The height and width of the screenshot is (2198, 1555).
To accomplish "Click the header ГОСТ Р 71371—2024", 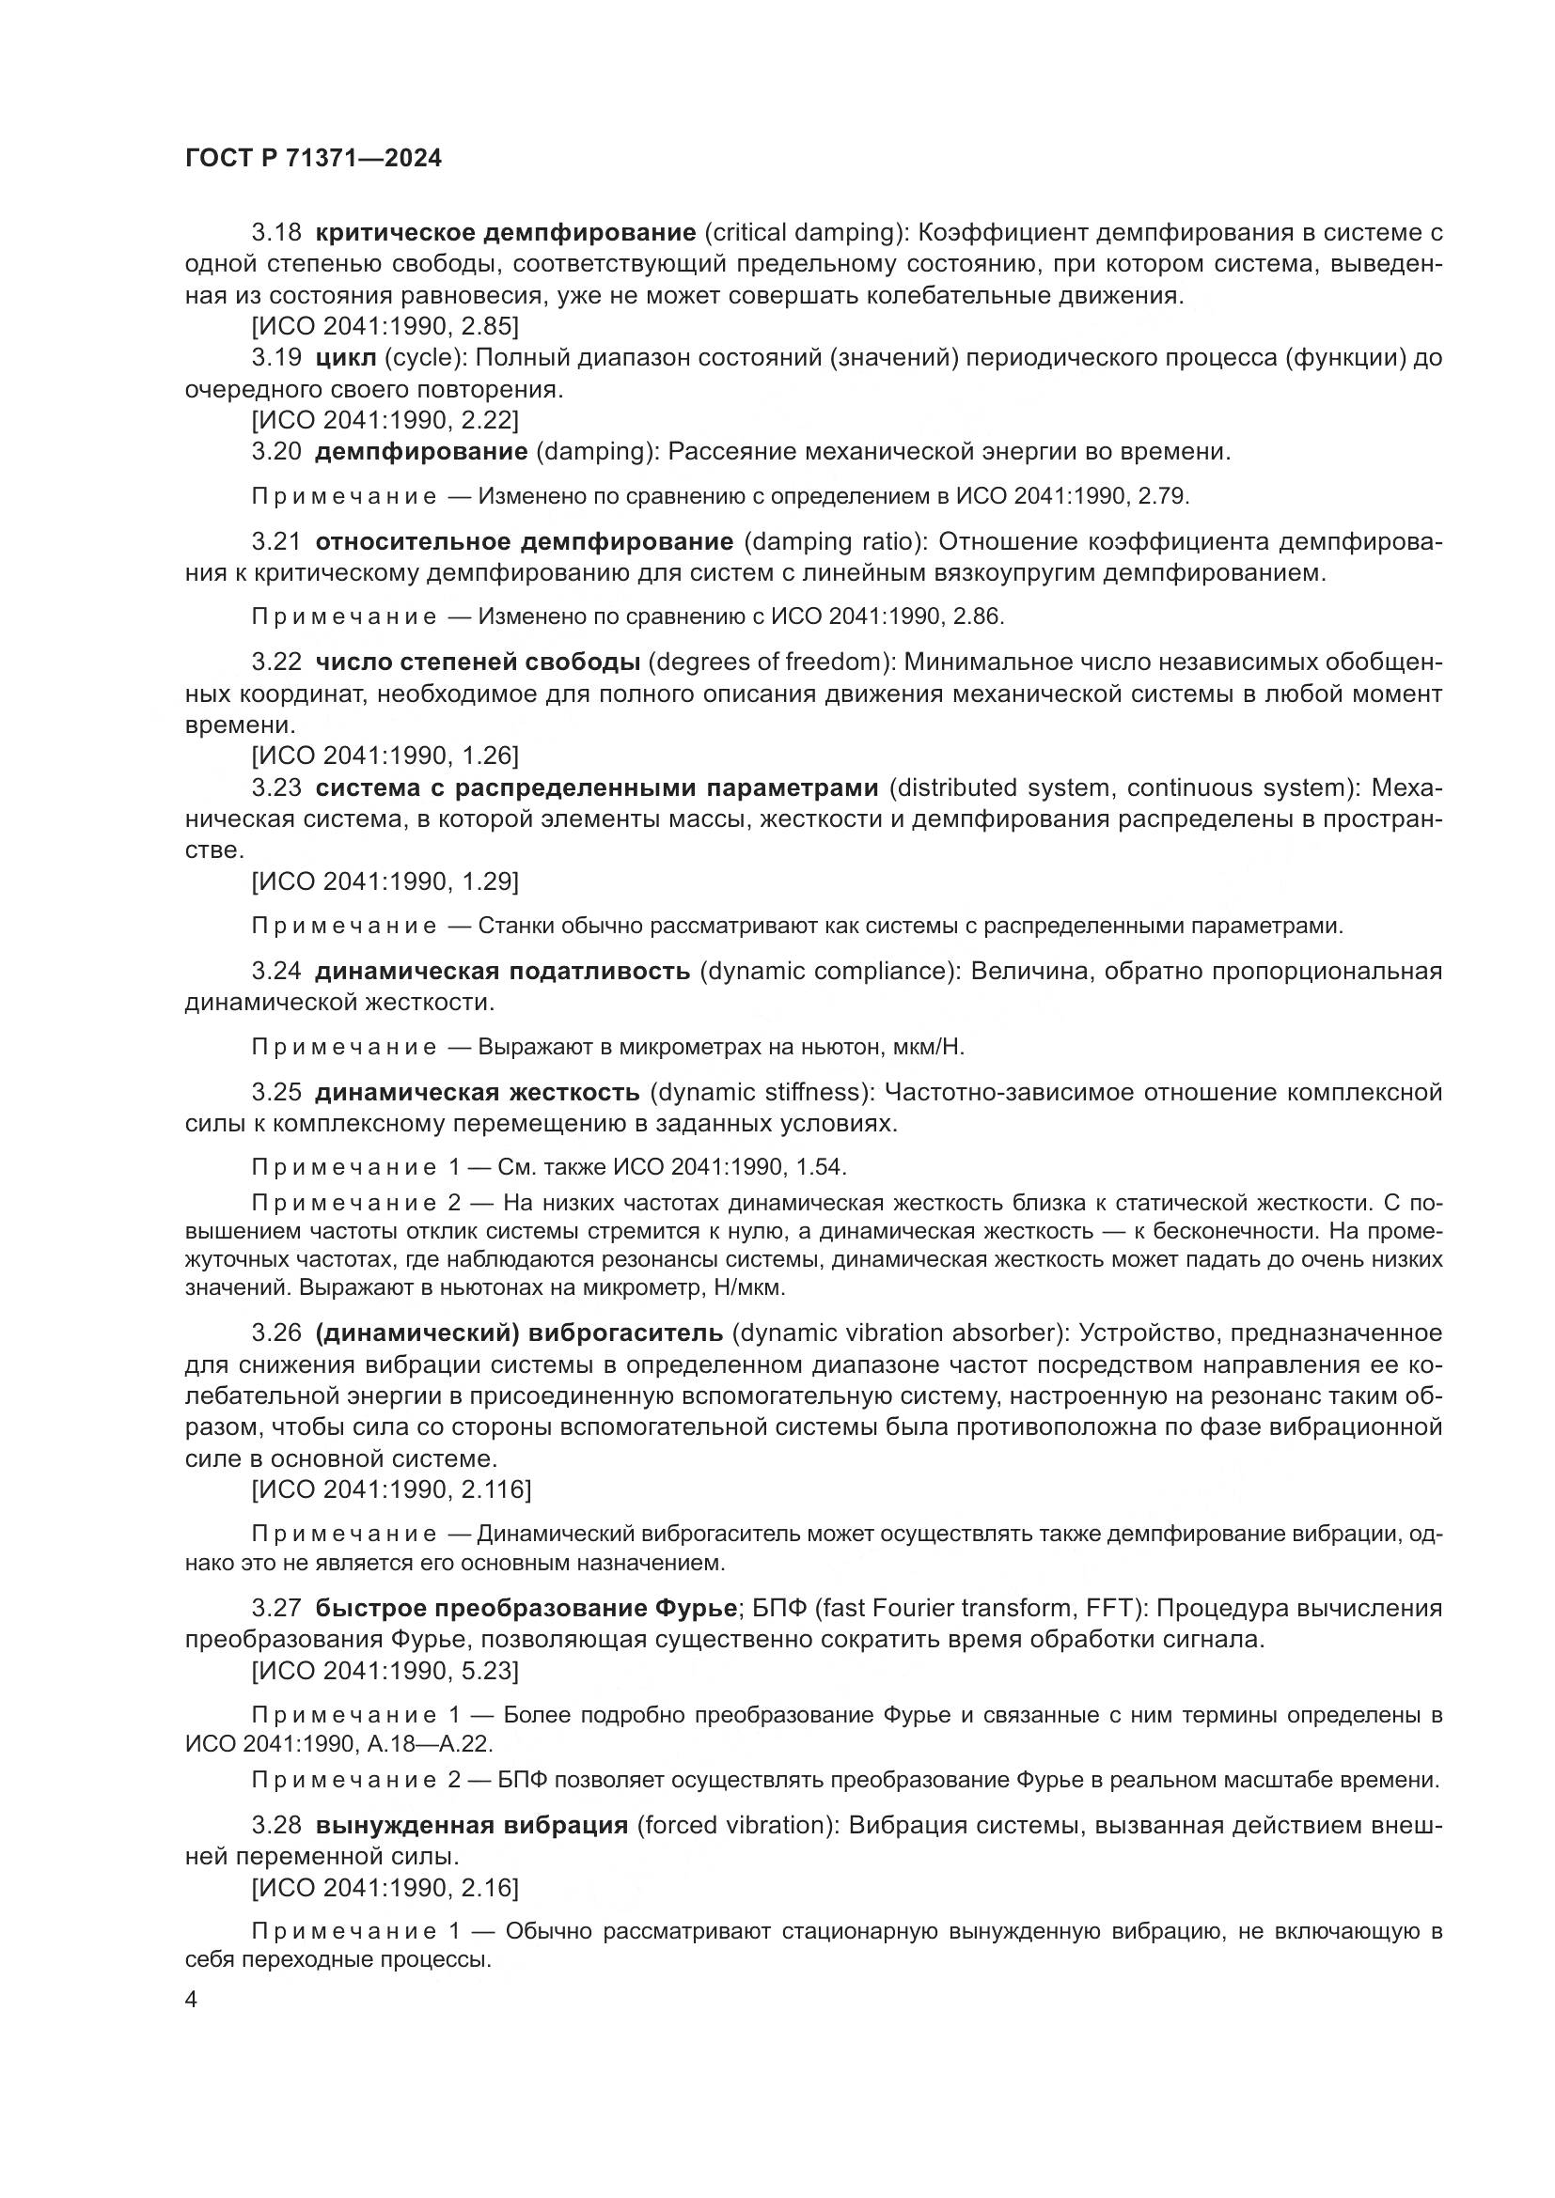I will pyautogui.click(x=313, y=159).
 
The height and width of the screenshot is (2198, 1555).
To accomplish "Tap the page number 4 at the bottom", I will pyautogui.click(x=192, y=2001).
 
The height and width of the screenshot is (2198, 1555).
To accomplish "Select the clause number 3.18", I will pyautogui.click(x=276, y=233).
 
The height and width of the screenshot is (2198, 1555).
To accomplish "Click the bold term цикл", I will pyautogui.click(x=346, y=358).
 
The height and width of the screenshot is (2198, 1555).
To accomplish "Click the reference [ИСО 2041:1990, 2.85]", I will pyautogui.click(x=385, y=326).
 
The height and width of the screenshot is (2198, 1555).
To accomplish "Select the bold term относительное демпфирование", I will pyautogui.click(x=525, y=542).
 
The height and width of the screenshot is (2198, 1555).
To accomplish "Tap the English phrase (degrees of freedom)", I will pyautogui.click(x=772, y=663).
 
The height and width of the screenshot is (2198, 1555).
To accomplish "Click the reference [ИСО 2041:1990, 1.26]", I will pyautogui.click(x=385, y=756).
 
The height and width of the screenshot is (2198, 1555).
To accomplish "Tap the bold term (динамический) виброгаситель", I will pyautogui.click(x=520, y=1333).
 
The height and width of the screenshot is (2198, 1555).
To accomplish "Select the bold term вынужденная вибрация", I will pyautogui.click(x=472, y=1825).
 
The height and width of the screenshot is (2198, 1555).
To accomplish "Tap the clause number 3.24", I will pyautogui.click(x=276, y=972).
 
